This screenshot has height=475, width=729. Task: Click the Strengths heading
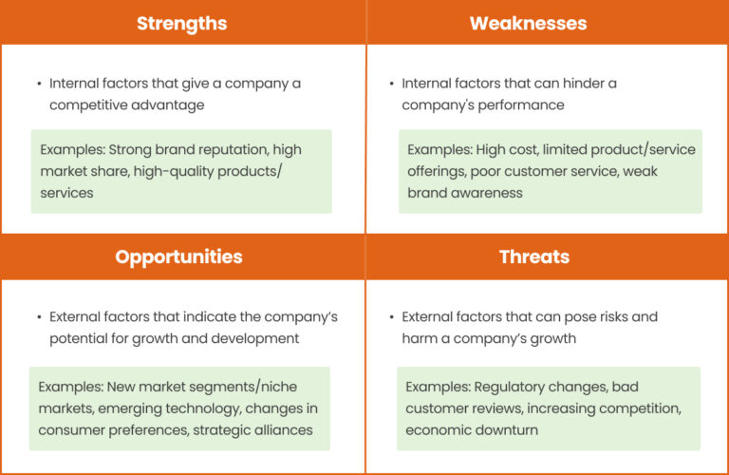[x=181, y=23]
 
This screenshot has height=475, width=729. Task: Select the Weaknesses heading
[x=528, y=23]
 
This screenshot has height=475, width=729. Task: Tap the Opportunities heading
[x=178, y=256]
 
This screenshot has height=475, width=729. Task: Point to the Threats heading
[x=533, y=256]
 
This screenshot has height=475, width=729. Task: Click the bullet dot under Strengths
[x=38, y=84]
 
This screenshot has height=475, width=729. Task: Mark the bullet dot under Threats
[x=391, y=317]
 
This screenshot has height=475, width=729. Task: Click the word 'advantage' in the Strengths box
[x=170, y=104]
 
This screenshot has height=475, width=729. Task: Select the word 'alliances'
[x=281, y=429]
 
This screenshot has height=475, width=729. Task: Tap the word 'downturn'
[x=504, y=430]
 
